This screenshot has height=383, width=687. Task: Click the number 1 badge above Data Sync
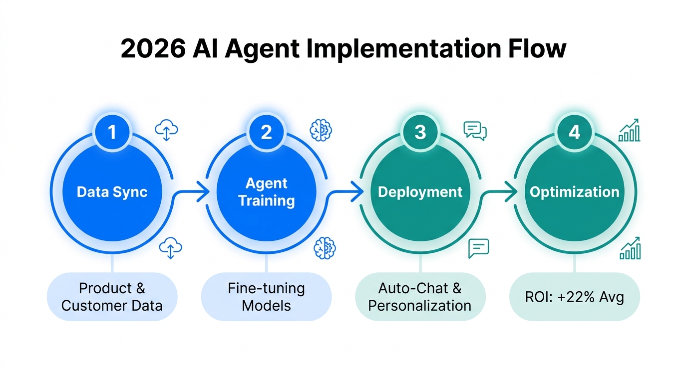112,132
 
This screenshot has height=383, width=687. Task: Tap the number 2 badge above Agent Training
266,132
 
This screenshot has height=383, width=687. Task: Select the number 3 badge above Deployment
420,132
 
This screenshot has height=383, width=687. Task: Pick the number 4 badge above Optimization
575,132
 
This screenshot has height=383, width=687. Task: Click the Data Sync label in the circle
112,192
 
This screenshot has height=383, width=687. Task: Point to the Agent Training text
266,192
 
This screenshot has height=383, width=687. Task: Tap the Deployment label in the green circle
420,192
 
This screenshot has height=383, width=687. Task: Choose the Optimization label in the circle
575,192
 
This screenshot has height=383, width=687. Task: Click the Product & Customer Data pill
112,296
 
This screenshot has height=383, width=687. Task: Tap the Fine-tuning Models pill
266,296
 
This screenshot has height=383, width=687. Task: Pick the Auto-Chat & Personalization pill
420,296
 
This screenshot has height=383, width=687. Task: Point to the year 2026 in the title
152,49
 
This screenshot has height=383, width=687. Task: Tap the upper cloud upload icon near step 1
166,130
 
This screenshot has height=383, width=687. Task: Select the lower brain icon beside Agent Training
325,248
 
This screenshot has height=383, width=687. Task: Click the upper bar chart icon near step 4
629,130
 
